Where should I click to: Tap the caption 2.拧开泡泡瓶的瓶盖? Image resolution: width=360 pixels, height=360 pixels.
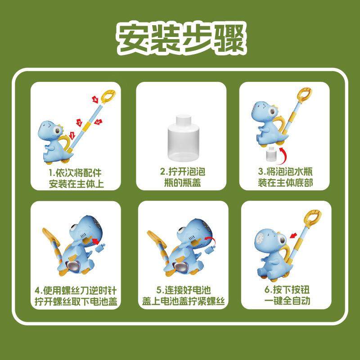tap(181, 177)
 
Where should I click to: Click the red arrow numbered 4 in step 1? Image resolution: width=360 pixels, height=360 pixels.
tap(94, 98)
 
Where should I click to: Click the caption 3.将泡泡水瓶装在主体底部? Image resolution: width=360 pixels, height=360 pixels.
tap(285, 177)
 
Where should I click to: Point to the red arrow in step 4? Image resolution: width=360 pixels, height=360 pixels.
tap(95, 243)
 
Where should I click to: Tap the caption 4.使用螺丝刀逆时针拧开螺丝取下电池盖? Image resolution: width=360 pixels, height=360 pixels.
tap(76, 295)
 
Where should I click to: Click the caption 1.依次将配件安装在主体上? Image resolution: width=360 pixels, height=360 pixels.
tap(76, 177)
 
